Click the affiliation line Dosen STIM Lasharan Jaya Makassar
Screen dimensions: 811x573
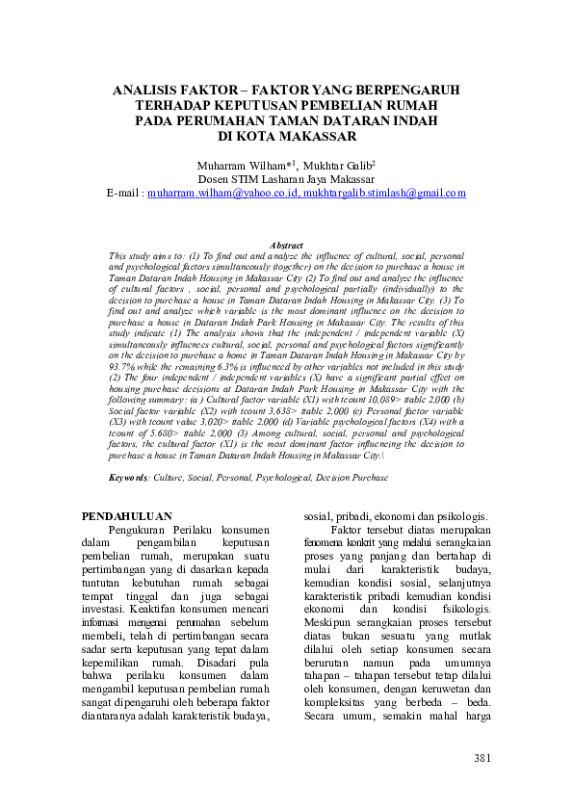(x=286, y=178)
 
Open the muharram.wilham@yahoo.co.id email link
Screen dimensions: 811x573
(x=222, y=193)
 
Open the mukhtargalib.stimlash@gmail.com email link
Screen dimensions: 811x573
(x=384, y=193)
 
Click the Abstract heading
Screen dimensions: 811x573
(x=287, y=246)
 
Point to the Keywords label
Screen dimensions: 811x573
(x=128, y=477)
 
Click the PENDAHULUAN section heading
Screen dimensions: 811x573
(x=127, y=516)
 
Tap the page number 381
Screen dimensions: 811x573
(x=482, y=759)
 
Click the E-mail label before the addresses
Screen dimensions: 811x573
(x=124, y=193)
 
